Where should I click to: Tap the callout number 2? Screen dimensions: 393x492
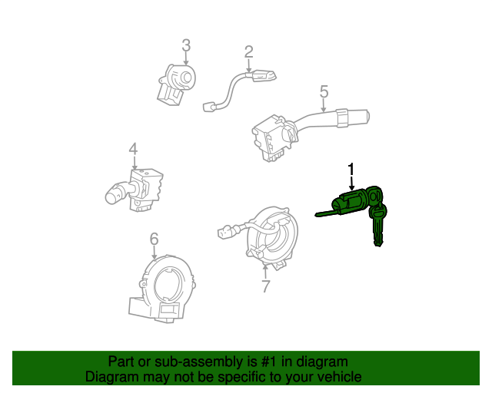coord(248,52)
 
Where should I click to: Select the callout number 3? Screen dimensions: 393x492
coord(186,46)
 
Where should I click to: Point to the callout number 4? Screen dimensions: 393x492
coord(133,149)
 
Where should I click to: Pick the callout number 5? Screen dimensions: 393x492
coord(324,92)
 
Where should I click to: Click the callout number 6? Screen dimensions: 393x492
coord(154,239)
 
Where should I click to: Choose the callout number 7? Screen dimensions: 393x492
coord(265,286)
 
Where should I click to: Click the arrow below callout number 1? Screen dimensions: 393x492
coord(351,183)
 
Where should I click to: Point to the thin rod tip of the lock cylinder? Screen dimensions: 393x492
coord(318,213)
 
